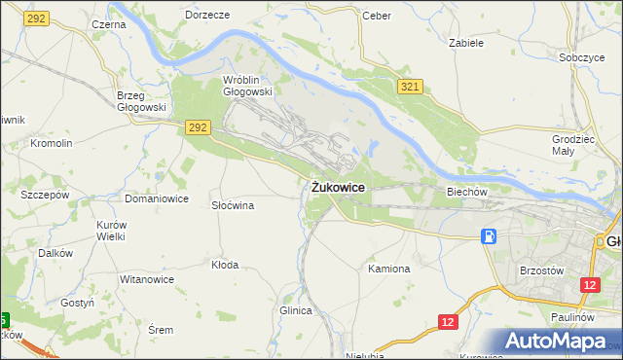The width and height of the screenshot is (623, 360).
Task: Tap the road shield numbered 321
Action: pos(409,88)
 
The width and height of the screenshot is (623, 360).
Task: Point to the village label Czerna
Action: pos(107,23)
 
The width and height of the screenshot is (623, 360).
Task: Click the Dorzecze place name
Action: pos(206,16)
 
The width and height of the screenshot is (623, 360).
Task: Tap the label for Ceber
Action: pos(376,16)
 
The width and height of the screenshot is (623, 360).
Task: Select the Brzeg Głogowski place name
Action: pos(141,101)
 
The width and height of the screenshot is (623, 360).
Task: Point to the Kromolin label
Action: pos(52,143)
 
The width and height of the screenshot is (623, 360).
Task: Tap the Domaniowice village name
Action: pos(156,198)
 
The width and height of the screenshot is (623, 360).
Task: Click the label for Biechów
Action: pos(466,192)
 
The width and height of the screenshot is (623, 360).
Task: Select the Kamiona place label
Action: pos(388,268)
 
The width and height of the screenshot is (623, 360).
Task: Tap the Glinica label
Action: pos(295,310)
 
